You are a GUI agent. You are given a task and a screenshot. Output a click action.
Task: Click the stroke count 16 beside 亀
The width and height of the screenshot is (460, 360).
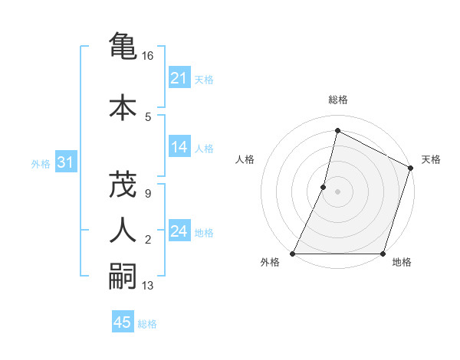(x=148, y=56)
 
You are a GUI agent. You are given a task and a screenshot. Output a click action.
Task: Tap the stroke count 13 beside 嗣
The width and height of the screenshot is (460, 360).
(x=148, y=286)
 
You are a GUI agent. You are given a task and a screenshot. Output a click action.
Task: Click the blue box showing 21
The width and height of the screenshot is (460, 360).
(x=179, y=78)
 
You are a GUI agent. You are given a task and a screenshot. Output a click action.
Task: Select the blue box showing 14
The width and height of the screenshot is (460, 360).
(x=179, y=147)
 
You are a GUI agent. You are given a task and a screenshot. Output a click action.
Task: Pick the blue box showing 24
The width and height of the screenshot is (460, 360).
(x=179, y=231)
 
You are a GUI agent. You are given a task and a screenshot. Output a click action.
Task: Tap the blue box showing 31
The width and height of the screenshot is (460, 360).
(x=65, y=162)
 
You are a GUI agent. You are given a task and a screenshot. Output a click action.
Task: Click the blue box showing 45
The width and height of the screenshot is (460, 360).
(x=122, y=322)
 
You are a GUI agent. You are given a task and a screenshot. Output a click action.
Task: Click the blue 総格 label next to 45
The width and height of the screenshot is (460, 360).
(x=147, y=324)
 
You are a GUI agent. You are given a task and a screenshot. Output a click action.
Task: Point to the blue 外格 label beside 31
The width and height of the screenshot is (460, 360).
(x=41, y=163)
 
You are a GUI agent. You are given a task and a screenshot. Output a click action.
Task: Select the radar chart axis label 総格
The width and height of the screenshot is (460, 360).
(x=337, y=100)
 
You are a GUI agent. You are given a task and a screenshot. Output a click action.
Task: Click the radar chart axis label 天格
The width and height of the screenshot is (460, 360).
(x=431, y=159)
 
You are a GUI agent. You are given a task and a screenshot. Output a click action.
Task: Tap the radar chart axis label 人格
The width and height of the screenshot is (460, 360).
(x=245, y=159)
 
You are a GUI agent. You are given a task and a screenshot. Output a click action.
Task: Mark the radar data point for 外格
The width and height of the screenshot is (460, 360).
(x=293, y=254)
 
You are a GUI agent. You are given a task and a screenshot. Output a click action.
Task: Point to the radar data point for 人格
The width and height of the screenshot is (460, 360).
(x=324, y=187)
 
